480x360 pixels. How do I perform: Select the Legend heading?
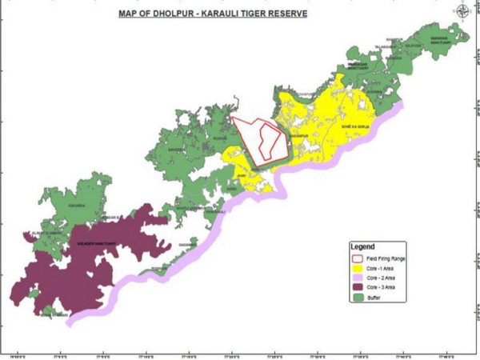click(374, 246)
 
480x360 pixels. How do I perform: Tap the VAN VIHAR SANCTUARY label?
click(358, 67)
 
